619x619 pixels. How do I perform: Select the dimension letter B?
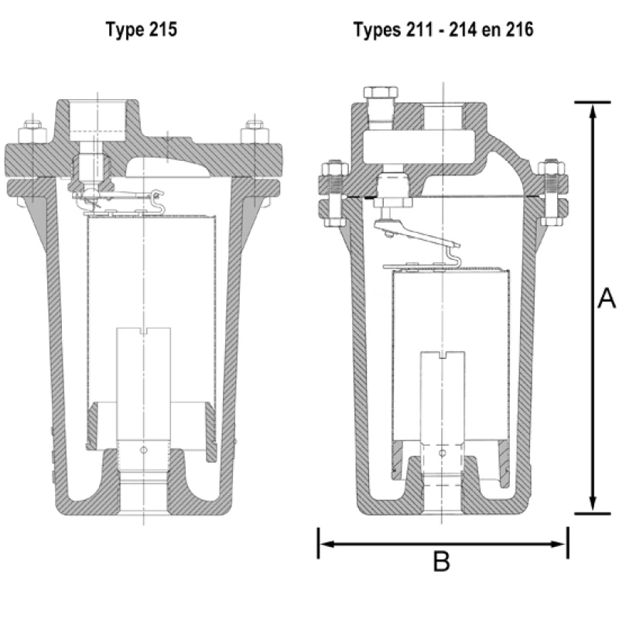tap(441, 563)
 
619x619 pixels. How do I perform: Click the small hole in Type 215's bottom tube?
tap(144, 450)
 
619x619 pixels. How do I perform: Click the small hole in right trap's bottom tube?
tap(441, 452)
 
